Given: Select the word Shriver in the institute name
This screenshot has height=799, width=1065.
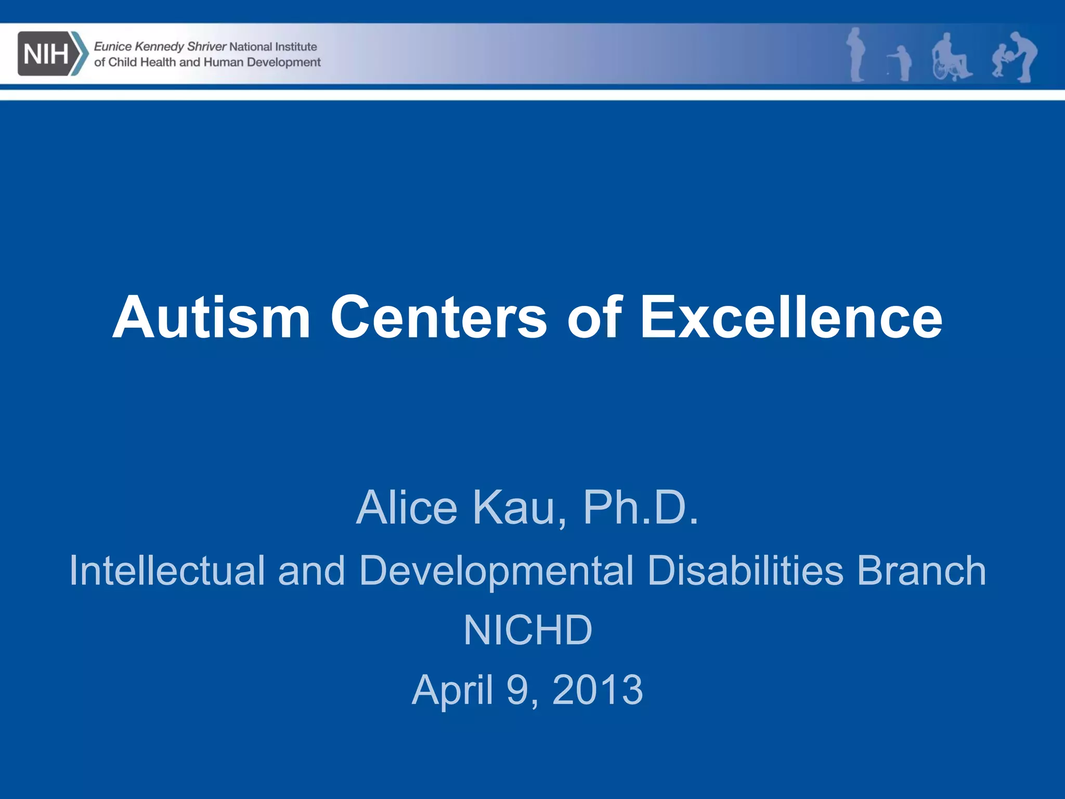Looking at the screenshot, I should click(x=206, y=47).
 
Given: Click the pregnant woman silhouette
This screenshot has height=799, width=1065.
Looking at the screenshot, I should click(x=856, y=55).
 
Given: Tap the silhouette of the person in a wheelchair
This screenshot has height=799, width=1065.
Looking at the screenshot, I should click(x=951, y=58).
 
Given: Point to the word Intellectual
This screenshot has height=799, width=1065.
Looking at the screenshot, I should click(x=167, y=571).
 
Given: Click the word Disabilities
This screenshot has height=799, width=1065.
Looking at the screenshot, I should click(x=745, y=571).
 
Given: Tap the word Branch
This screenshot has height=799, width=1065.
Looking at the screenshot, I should click(x=921, y=571).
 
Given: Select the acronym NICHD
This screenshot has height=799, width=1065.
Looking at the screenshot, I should click(x=528, y=630).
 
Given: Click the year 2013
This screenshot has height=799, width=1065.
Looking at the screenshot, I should click(x=598, y=690).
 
